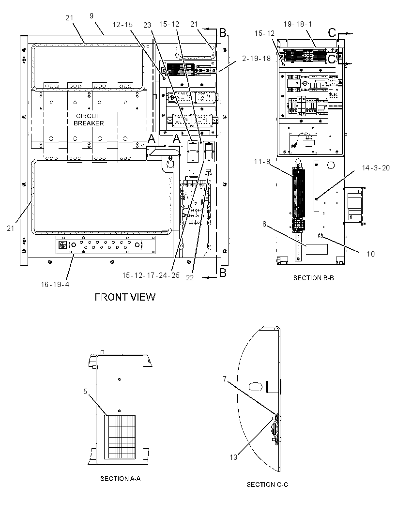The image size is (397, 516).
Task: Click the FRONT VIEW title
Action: pos(125,297)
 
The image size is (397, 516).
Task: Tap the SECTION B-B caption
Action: pos(313,278)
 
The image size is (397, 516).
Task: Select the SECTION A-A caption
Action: pos(121,478)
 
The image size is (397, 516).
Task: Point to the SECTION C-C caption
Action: pos(267,485)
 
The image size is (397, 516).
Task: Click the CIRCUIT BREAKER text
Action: pos(89,120)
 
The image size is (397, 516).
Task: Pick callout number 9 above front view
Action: pos(92,16)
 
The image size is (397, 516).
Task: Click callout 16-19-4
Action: pos(55,284)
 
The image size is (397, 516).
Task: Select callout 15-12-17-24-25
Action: pos(151,275)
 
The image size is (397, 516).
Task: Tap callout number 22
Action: pos(190,278)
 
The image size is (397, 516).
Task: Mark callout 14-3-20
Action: pos(376,168)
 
